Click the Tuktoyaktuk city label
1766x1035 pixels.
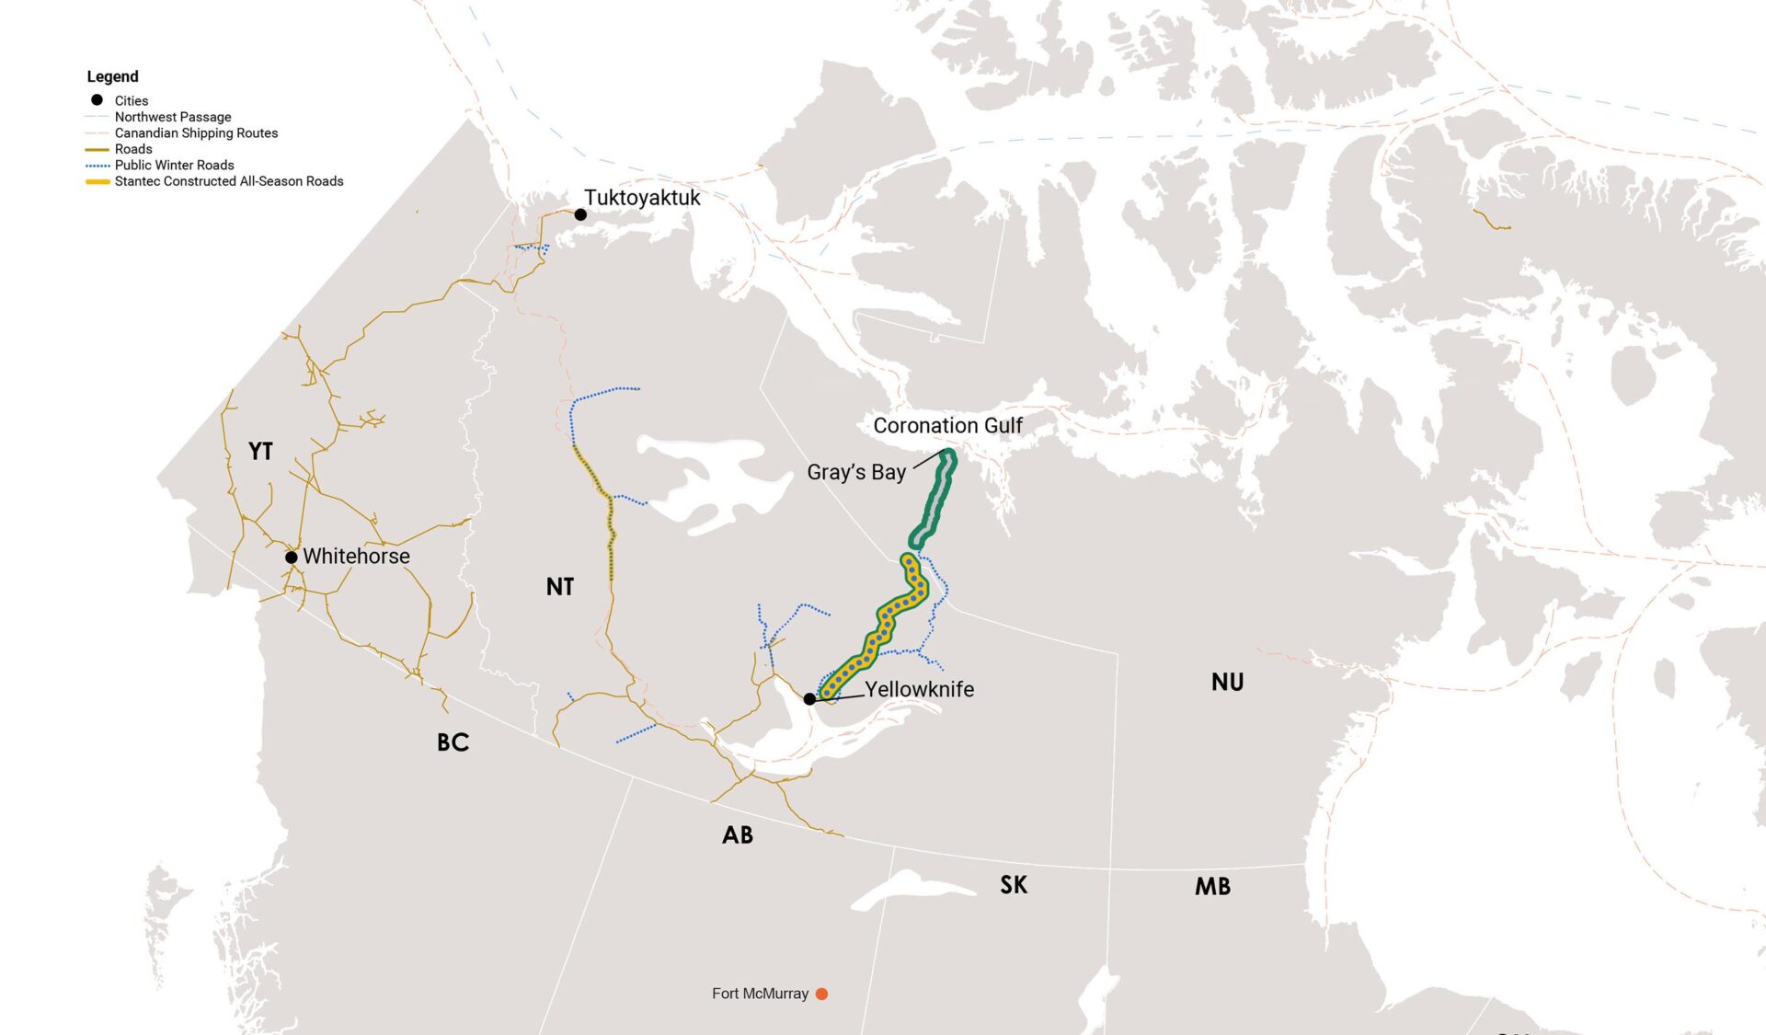[642, 198]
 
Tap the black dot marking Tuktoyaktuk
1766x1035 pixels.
[580, 214]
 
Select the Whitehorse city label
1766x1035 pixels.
[356, 557]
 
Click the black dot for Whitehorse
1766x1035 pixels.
[291, 558]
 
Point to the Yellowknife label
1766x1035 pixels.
[919, 689]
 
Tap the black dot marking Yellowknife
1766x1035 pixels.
[809, 699]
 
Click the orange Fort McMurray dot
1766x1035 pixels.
[821, 994]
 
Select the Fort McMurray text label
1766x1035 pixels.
[760, 994]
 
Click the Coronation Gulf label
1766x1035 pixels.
[947, 426]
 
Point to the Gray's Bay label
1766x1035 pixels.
[856, 472]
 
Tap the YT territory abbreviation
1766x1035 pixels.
[260, 451]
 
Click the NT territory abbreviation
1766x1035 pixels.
[559, 587]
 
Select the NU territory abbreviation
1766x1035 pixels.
[1227, 683]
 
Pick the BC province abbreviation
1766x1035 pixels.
[453, 742]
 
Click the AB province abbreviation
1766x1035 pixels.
[737, 835]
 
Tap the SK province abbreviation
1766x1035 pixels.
[1014, 885]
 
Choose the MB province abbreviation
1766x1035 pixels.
[1212, 887]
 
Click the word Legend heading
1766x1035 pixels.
[112, 76]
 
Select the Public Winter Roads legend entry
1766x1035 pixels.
[174, 166]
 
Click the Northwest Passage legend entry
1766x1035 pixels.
[173, 117]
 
